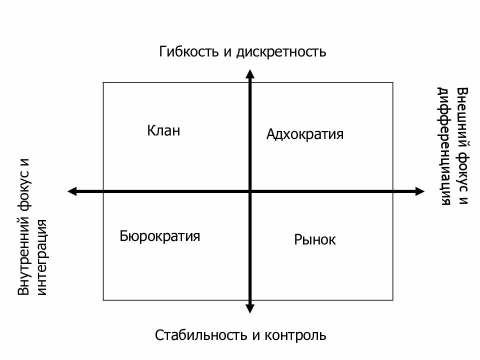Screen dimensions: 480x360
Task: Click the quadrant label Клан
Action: (x=163, y=131)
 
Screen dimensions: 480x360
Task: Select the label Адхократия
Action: (x=305, y=134)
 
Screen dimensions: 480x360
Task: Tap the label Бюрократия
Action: (x=160, y=236)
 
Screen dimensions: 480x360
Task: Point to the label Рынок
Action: (x=315, y=240)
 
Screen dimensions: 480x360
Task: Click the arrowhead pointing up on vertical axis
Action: (x=250, y=74)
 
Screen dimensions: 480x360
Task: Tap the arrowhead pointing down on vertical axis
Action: (x=250, y=308)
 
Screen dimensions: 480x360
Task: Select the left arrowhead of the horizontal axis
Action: (x=71, y=191)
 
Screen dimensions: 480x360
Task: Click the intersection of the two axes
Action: (x=250, y=191)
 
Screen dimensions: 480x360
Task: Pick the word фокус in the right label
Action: (x=463, y=172)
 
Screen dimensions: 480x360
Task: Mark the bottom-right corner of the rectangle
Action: (x=393, y=300)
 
